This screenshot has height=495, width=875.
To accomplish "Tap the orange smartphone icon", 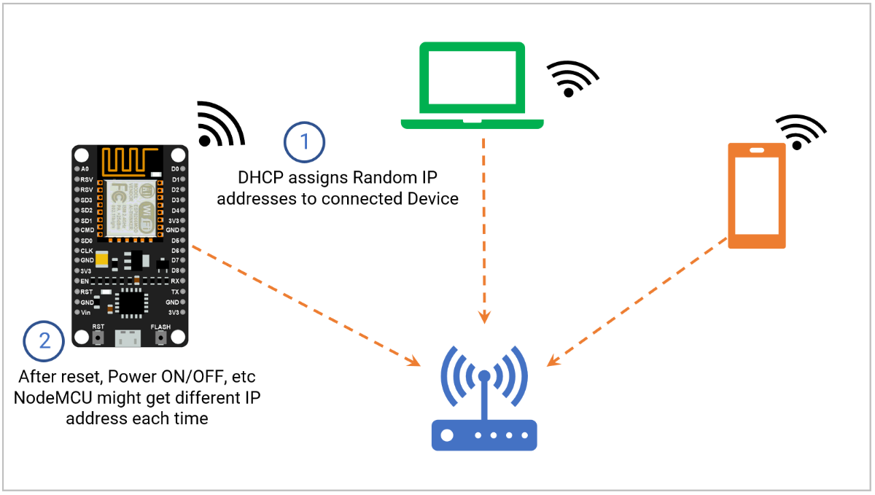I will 757,195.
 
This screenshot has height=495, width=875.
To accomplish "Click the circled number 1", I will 304,142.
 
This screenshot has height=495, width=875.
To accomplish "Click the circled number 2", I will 44,340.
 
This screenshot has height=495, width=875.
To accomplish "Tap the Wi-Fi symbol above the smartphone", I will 800,132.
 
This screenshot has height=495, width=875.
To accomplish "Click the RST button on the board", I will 98,338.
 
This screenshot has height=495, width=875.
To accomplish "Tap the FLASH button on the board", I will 160,338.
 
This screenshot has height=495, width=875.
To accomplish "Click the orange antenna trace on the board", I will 131,160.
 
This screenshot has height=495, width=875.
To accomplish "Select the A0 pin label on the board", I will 86,169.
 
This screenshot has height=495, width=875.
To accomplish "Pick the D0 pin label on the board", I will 174,169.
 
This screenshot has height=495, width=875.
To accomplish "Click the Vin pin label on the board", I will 86,312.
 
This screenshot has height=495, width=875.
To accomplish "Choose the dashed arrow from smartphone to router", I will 638,303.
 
